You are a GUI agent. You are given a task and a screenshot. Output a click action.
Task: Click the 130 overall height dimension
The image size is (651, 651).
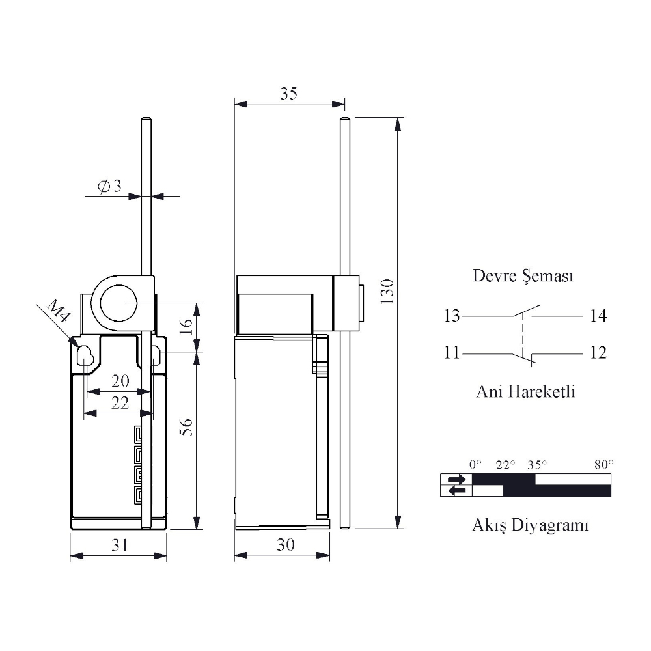point(387,292)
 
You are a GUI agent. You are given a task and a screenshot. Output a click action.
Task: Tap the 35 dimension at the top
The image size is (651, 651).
point(288,93)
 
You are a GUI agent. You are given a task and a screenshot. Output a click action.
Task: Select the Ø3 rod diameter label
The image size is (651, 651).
point(109,186)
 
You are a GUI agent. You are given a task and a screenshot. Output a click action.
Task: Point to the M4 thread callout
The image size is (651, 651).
point(58,311)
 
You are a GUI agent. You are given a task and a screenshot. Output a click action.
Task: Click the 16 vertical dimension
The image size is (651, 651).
point(186,326)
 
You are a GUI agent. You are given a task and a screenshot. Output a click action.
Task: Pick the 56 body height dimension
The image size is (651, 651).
point(187,427)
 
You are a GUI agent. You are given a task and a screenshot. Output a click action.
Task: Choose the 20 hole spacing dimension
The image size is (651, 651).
point(120,381)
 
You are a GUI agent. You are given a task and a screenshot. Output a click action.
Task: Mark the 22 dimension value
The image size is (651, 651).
point(120,403)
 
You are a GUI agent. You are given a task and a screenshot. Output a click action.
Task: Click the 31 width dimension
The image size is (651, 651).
point(120,545)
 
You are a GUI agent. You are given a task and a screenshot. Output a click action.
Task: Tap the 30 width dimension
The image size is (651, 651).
point(286,544)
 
